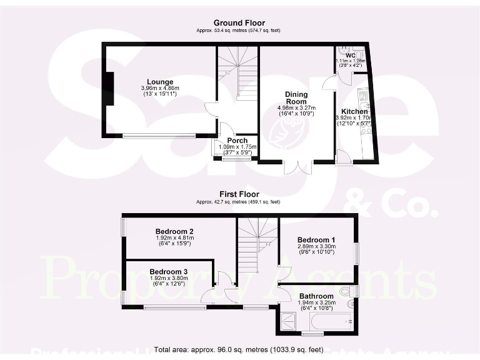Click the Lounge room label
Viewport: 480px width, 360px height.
[161, 82]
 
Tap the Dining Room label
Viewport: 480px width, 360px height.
[296, 98]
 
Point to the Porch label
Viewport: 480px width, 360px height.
[237, 141]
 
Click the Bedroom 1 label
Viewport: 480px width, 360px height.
[316, 240]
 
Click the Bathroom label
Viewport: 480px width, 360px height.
[316, 296]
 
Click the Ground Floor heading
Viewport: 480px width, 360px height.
[236, 22]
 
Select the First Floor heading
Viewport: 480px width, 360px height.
[239, 194]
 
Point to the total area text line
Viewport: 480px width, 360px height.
[238, 350]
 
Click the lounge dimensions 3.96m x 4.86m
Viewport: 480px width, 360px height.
[160, 88]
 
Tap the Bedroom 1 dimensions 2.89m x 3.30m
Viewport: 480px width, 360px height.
[316, 247]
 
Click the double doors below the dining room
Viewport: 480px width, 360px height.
[297, 167]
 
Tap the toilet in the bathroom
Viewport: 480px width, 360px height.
[350, 291]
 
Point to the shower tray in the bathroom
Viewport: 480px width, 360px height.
[291, 321]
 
